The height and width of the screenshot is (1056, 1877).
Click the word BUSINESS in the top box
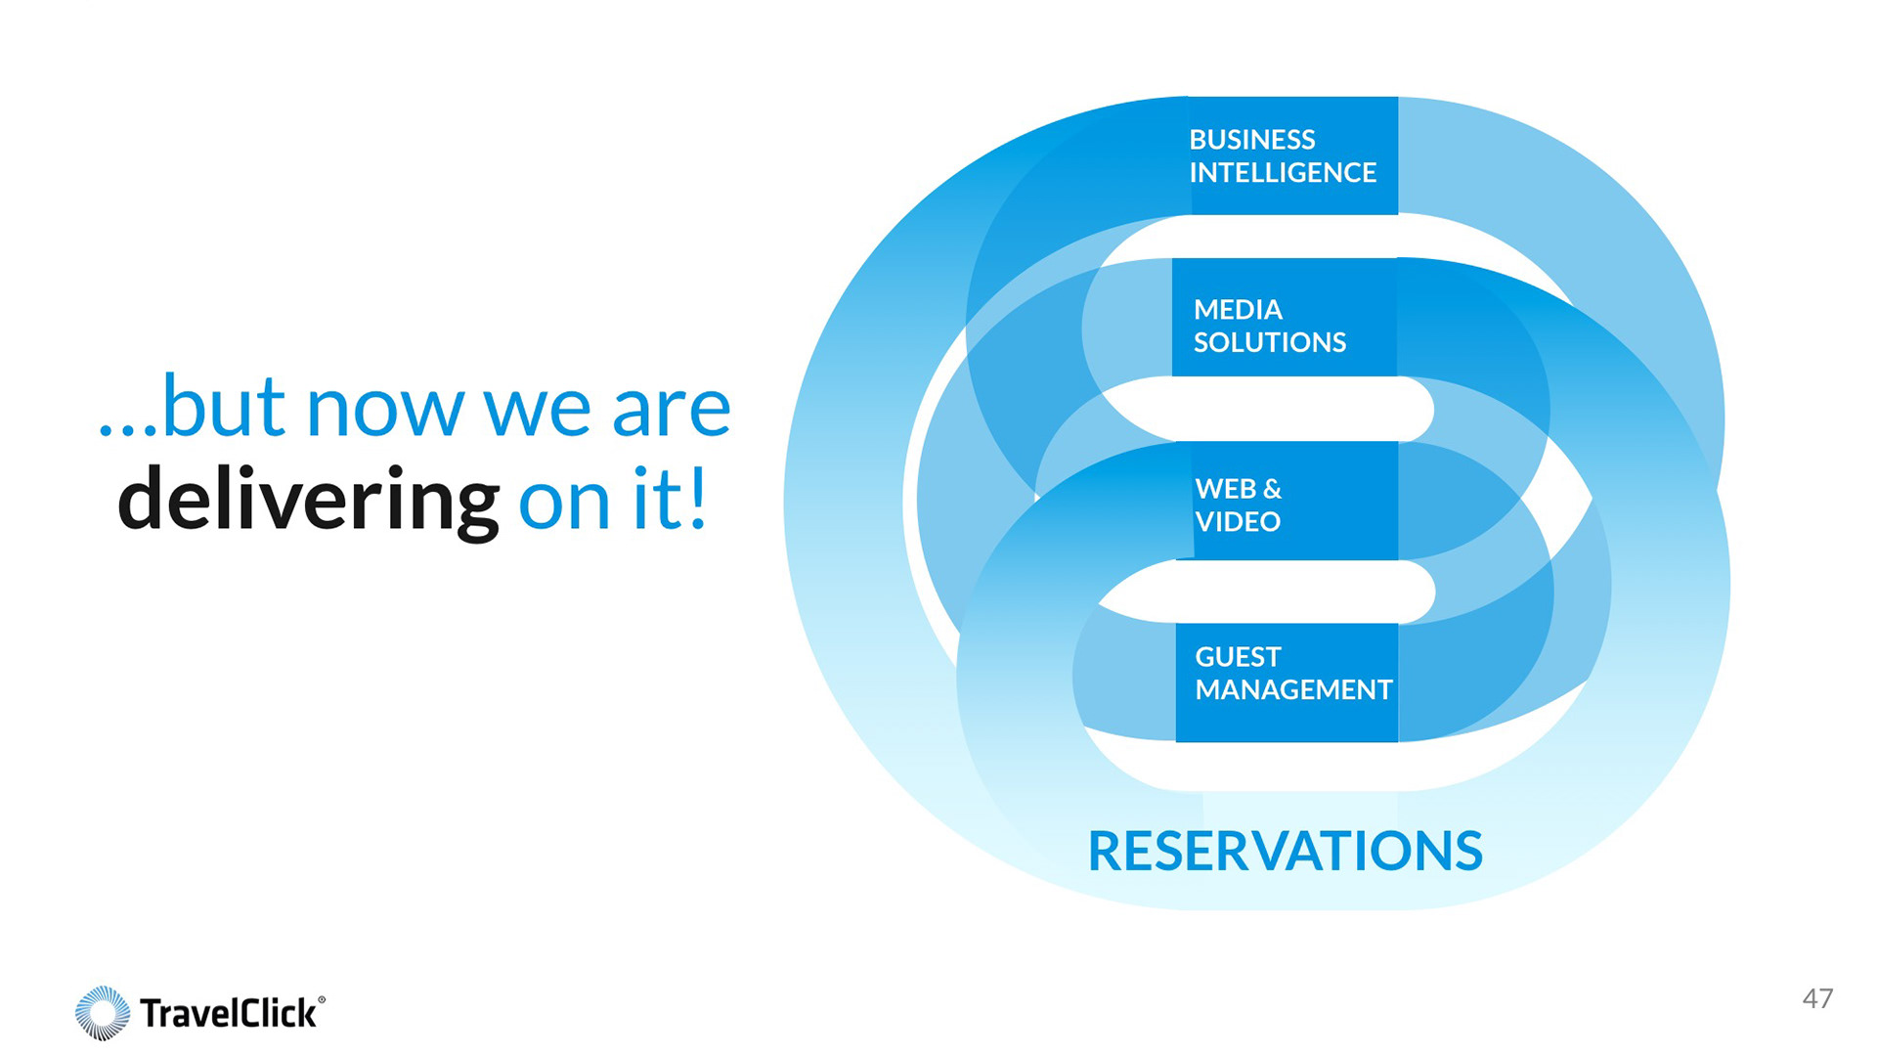point(1252,140)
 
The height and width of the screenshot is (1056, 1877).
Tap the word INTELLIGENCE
point(1283,173)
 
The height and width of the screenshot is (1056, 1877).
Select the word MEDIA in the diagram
point(1238,310)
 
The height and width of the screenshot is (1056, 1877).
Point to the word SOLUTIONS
point(1270,343)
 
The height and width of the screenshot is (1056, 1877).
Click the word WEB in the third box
point(1225,489)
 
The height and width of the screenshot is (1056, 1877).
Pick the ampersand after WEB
point(1272,489)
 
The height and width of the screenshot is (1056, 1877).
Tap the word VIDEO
point(1238,522)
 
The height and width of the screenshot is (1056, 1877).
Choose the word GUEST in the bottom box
point(1238,657)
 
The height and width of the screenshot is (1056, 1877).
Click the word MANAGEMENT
point(1293,690)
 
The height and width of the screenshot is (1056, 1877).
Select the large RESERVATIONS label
point(1286,851)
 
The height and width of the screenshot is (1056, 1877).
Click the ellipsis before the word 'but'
point(127,429)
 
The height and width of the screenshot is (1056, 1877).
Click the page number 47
point(1817,998)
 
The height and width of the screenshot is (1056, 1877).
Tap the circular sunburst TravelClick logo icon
point(103,1013)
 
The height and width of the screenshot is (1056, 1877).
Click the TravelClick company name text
point(228,1013)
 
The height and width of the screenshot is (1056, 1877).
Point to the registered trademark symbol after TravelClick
point(322,999)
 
